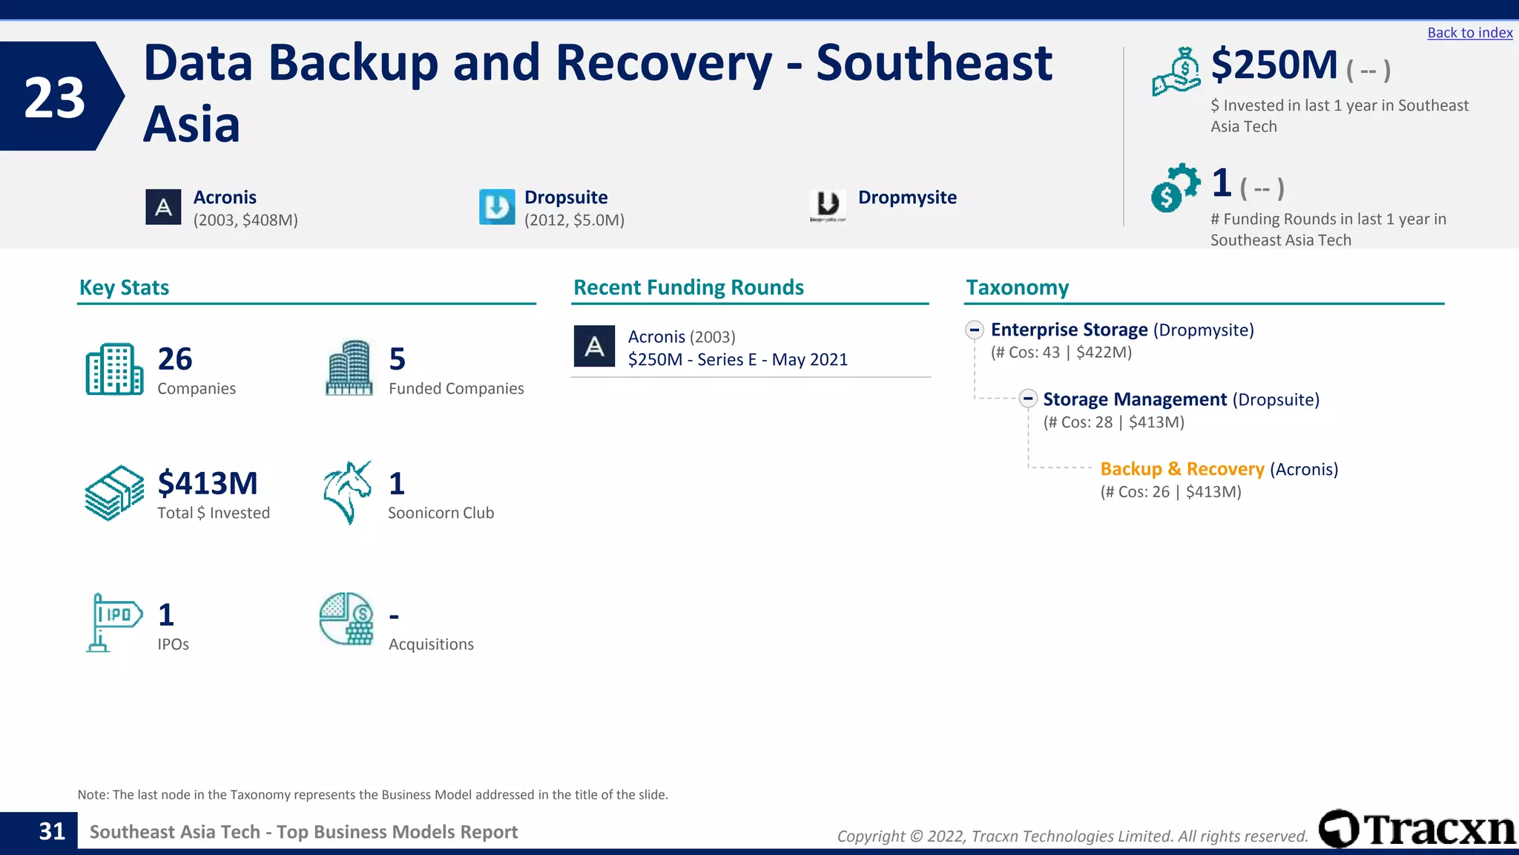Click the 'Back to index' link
coord(1469,33)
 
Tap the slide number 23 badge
coord(55,97)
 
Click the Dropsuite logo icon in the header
coord(497,207)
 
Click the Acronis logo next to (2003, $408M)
coord(163,207)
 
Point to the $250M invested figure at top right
coord(1274,65)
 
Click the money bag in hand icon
coord(1176,71)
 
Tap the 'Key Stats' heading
coord(124,287)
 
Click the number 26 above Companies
coord(175,359)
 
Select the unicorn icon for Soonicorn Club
coord(347,492)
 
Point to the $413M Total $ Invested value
coord(208,483)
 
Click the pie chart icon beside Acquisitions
coord(346,619)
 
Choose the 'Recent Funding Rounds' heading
coord(688,287)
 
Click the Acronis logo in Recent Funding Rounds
coord(594,347)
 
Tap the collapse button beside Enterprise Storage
coord(975,330)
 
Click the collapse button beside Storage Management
coord(1027,399)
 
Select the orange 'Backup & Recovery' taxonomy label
coord(1182,469)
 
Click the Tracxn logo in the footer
coord(1417,829)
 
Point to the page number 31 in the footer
coord(52,832)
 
